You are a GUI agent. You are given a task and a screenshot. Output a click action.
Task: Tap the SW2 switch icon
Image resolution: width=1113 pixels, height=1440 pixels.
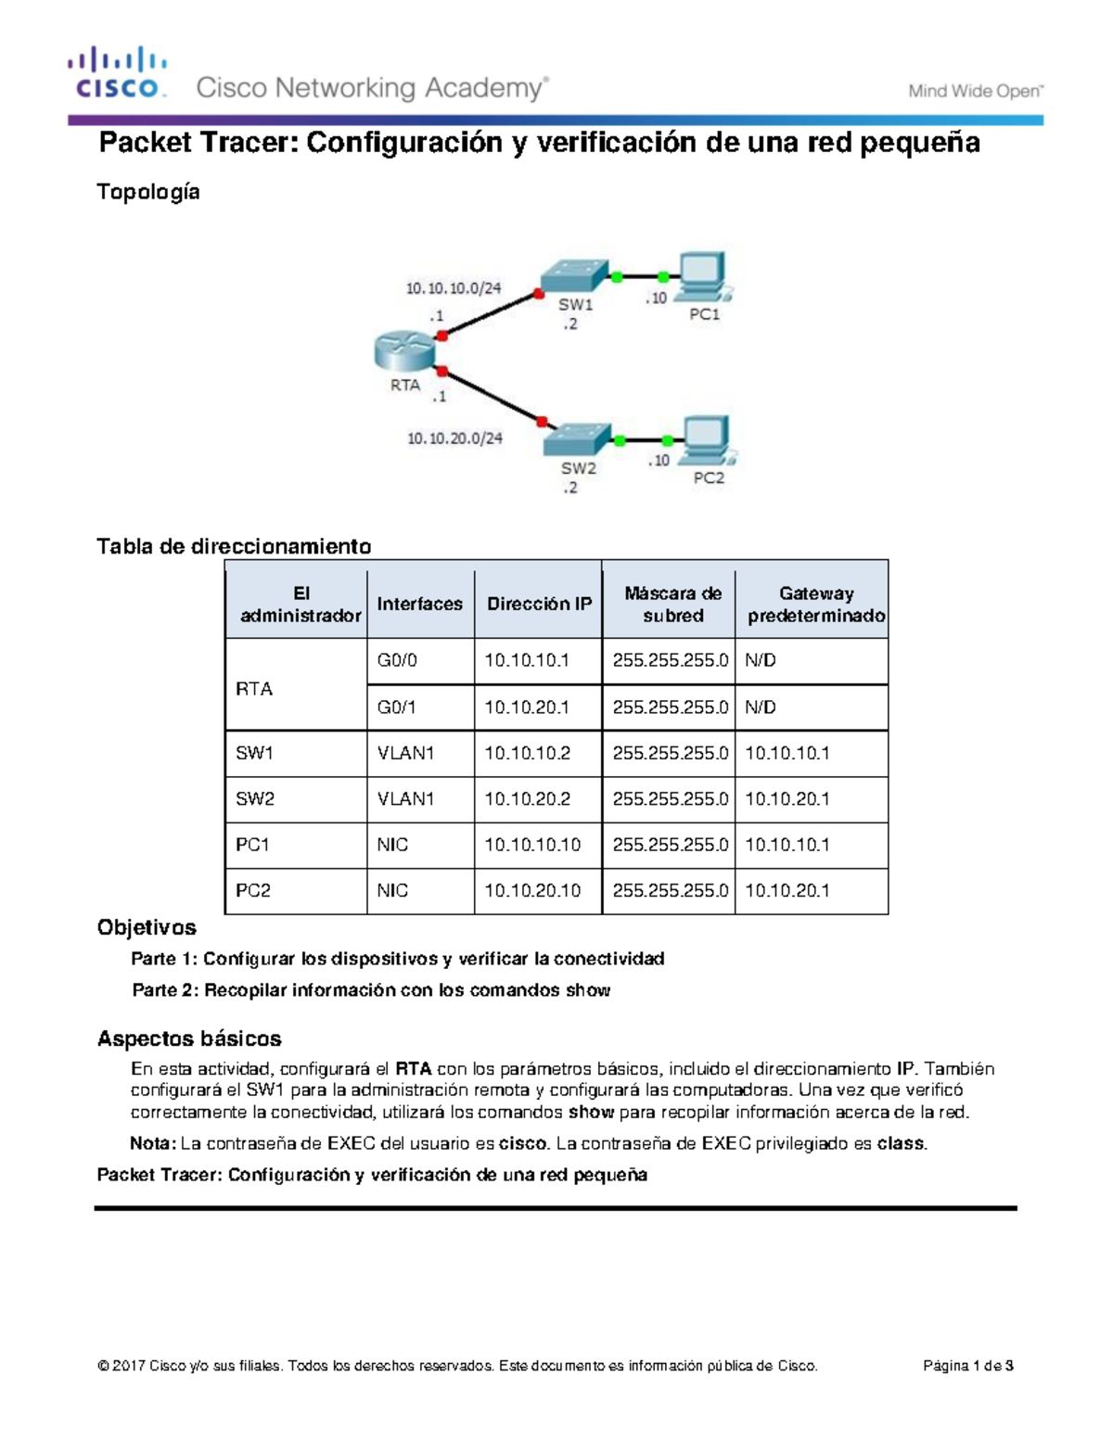click(x=577, y=439)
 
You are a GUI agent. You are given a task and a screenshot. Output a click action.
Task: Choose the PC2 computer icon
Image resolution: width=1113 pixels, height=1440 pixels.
click(x=709, y=440)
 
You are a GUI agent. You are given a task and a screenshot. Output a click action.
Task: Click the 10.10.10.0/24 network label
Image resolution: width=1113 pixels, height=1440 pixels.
click(x=453, y=288)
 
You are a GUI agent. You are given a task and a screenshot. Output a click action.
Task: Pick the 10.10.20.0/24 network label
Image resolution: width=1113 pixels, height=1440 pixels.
click(x=454, y=438)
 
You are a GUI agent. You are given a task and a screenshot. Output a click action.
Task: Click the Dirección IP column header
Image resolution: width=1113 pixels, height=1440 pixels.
click(x=539, y=604)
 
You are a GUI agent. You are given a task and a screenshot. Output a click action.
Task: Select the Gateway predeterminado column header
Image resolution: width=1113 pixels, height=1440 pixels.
click(x=815, y=604)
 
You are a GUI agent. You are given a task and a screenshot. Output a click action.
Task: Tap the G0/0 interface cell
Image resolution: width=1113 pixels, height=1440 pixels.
click(x=397, y=660)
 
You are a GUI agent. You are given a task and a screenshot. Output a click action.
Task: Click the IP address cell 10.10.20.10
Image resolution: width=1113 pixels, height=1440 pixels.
click(x=532, y=890)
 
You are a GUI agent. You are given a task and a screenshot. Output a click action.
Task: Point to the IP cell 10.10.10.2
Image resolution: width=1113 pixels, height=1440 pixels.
click(x=527, y=753)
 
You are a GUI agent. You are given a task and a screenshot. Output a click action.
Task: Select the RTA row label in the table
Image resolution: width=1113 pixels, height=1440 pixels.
click(x=254, y=689)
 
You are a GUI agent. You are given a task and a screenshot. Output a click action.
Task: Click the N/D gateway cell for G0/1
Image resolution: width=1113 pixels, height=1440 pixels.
click(x=761, y=707)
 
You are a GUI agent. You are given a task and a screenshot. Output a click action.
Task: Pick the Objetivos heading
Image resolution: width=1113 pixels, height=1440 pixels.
click(x=147, y=927)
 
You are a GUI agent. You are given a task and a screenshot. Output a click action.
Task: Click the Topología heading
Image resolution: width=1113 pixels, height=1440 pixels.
click(x=148, y=192)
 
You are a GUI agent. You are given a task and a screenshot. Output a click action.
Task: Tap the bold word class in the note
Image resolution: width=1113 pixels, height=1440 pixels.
click(x=901, y=1143)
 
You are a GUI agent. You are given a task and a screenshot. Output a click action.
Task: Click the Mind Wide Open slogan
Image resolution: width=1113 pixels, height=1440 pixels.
click(x=975, y=91)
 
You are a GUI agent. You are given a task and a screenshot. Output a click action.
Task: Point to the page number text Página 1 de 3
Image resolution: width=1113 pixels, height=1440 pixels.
click(x=967, y=1366)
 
